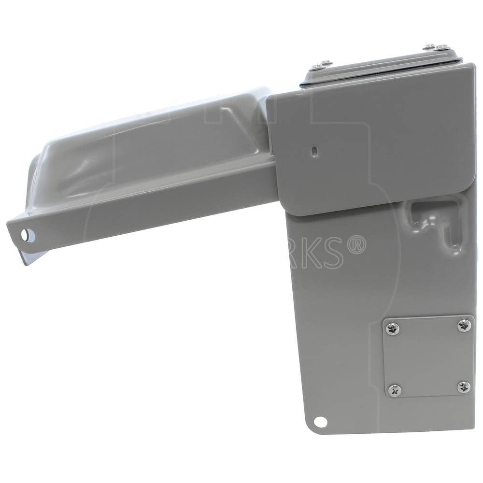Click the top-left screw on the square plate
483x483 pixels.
coord(392,329)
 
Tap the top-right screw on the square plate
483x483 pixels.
coord(464,325)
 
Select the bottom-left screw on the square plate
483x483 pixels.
coord(394,390)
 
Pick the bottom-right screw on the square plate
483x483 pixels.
coord(464,386)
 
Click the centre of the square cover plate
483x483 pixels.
coord(428,357)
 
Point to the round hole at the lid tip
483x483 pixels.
coord(25,235)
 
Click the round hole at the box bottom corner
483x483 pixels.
coord(320,422)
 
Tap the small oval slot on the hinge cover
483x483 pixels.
coord(314,151)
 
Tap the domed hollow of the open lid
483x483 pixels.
coord(145,145)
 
